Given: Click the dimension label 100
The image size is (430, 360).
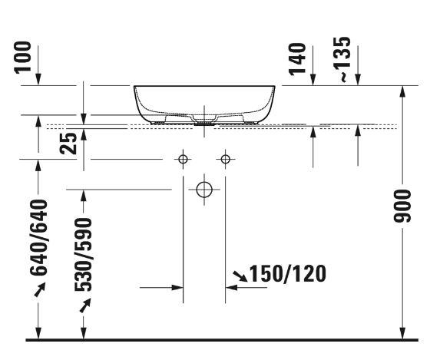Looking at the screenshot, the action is tap(23, 58).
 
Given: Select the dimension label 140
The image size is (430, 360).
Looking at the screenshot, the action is tap(298, 59).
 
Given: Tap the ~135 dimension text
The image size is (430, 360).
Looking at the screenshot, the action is tap(342, 59).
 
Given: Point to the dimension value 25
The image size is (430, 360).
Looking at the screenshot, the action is tap(68, 143).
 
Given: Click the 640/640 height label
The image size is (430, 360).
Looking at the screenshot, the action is tap(38, 237).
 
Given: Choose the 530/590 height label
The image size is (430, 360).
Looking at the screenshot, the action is tap(83, 254).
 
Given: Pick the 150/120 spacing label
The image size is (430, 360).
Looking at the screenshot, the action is tap(288, 273).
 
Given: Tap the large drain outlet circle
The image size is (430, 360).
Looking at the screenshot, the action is tap(204, 190).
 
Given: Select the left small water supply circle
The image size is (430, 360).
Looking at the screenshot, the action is tap(184, 159).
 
